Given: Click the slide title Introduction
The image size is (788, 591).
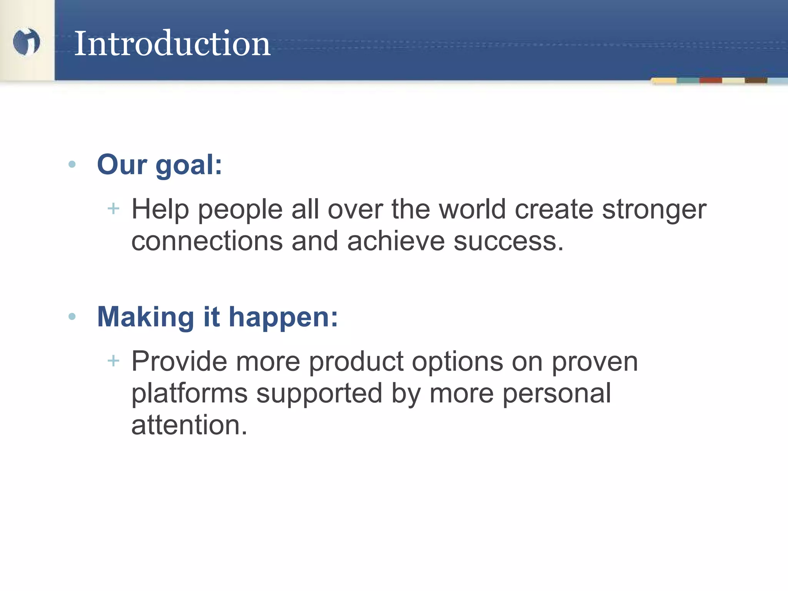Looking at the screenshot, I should tap(172, 43).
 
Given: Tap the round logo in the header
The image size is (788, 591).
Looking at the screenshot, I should tap(26, 42).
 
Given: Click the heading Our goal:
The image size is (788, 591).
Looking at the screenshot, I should tap(159, 165).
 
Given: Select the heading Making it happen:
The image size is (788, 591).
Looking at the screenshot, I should tap(217, 317).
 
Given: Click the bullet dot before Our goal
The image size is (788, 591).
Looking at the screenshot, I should tap(72, 165).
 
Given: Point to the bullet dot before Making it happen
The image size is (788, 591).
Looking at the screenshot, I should tap(72, 317).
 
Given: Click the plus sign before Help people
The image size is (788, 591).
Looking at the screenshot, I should tap(114, 209).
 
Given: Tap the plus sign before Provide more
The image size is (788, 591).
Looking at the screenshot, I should tap(114, 361).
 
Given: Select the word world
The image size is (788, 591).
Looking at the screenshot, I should tap(472, 209).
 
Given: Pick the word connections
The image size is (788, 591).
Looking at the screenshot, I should tap(207, 242).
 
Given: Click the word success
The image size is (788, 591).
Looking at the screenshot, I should tap(508, 242).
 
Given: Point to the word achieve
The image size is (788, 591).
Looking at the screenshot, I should tap(396, 241).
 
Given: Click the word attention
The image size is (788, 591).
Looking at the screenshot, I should tap(189, 425).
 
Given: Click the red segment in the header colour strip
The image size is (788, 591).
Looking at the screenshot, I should tap(710, 80).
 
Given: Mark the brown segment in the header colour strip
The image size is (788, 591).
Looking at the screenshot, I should tap(756, 80).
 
